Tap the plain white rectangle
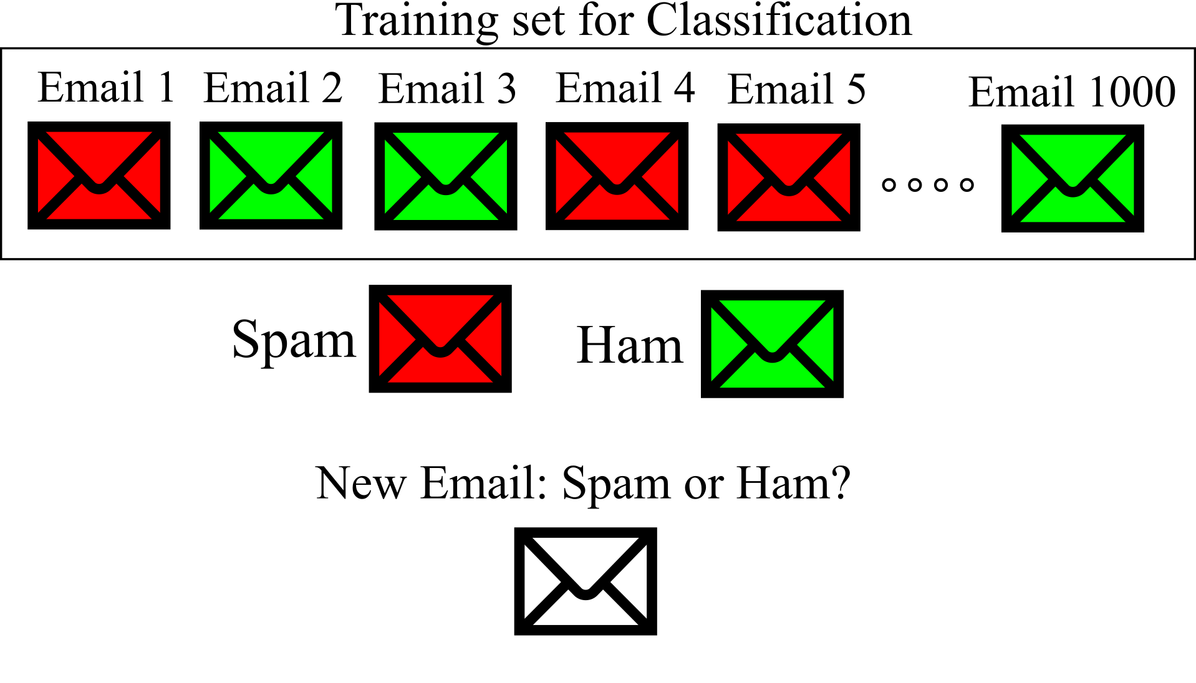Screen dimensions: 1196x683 point(74,644)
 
